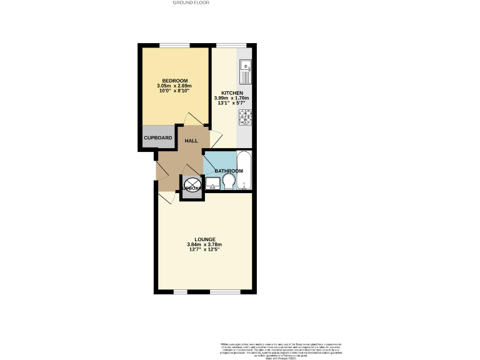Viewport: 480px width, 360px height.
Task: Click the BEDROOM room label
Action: pyautogui.click(x=175, y=81)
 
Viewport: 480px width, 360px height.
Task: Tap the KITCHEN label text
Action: pyautogui.click(x=231, y=93)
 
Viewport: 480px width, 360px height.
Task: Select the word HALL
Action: pyautogui.click(x=191, y=141)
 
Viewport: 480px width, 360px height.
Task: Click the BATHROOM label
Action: pyautogui.click(x=228, y=171)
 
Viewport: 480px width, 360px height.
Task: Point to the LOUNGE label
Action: pyautogui.click(x=204, y=239)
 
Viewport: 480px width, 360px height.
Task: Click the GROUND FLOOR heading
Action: pyautogui.click(x=191, y=2)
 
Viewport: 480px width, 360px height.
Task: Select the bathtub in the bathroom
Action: pyautogui.click(x=244, y=170)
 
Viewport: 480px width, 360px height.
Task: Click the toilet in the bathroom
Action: pyautogui.click(x=229, y=182)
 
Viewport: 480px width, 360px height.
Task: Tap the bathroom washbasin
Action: pyautogui.click(x=212, y=183)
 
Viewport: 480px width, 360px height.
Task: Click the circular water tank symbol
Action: pyautogui.click(x=190, y=185)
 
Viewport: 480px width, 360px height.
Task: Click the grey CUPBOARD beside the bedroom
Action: pyautogui.click(x=157, y=137)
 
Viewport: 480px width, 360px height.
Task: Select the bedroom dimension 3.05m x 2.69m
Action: pyautogui.click(x=175, y=86)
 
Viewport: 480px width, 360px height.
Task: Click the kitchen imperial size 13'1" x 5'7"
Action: pyautogui.click(x=231, y=104)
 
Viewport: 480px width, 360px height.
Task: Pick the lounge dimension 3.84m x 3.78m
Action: pyautogui.click(x=204, y=244)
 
